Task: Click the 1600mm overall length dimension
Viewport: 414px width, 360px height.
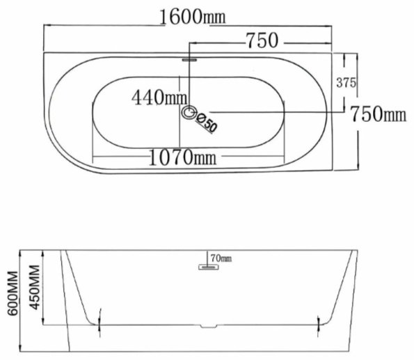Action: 193,17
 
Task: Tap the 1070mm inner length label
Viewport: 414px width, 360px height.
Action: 182,157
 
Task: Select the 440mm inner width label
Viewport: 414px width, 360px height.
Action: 159,97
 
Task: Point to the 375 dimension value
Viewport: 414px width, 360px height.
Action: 346,83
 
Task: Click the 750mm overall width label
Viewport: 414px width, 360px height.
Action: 378,114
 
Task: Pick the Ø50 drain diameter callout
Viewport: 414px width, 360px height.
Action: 207,123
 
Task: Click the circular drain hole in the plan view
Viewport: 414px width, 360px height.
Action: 189,112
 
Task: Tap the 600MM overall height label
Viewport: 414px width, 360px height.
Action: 13,293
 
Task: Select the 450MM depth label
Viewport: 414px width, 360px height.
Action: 35,288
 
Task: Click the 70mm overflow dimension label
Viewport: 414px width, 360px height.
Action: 221,258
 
